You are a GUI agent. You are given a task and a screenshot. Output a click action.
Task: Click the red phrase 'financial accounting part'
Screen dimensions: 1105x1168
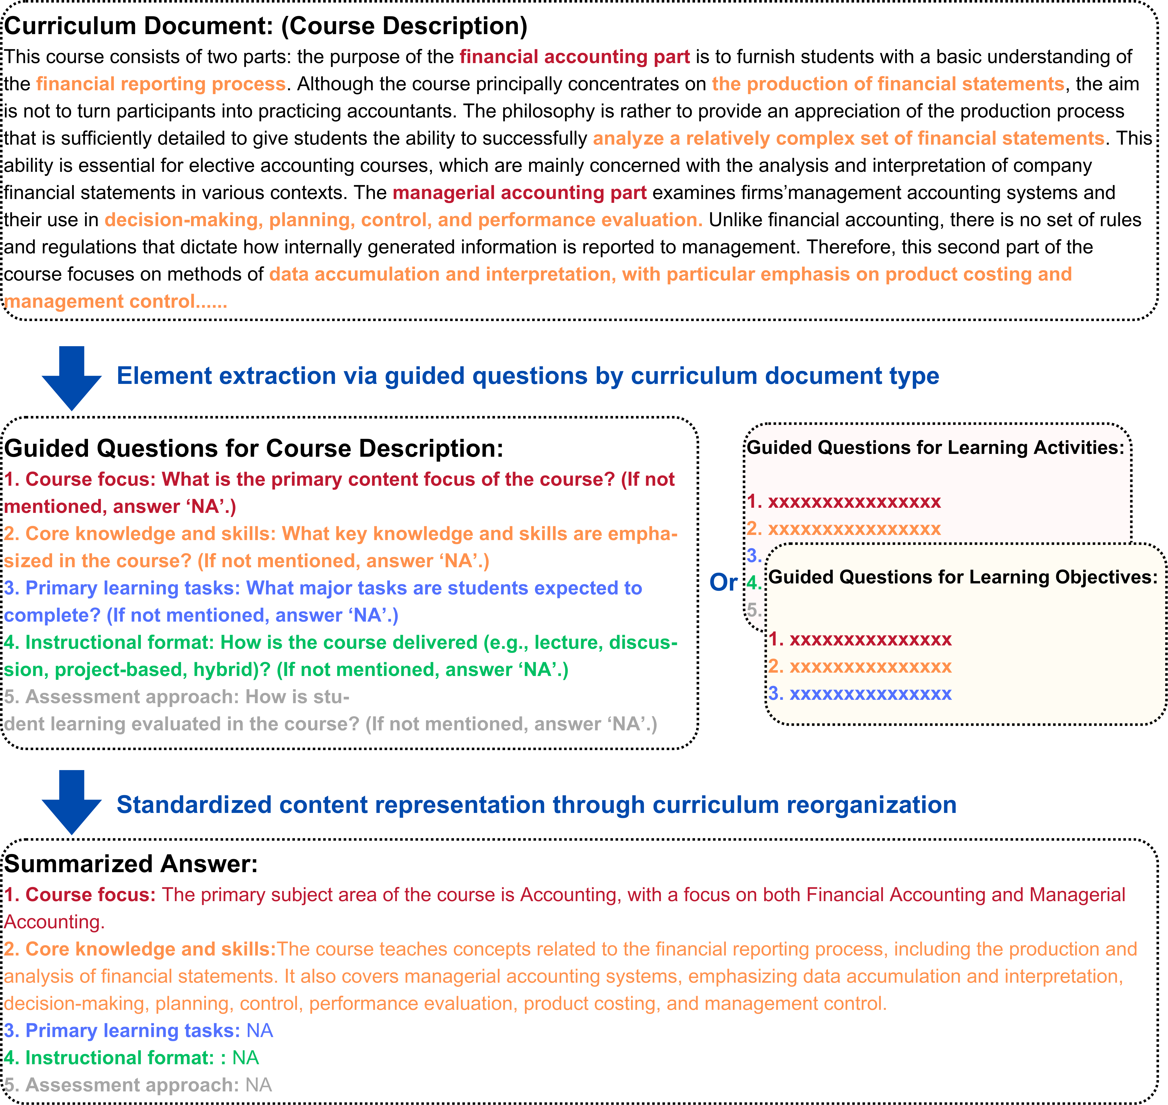point(574,57)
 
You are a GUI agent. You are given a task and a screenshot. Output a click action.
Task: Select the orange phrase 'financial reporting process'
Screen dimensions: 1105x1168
point(161,84)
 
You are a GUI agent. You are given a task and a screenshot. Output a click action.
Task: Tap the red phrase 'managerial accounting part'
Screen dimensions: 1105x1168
point(520,193)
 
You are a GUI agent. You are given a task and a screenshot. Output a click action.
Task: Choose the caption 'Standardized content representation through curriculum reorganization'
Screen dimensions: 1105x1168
point(536,805)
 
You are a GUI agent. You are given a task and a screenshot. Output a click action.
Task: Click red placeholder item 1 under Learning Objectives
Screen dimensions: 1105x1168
point(860,640)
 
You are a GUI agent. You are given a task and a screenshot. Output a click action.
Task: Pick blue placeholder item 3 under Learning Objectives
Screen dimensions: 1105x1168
point(860,694)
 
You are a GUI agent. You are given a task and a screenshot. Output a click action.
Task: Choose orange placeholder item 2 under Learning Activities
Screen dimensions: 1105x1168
point(844,529)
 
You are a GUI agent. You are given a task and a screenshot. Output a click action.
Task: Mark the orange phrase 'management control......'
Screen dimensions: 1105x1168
point(115,302)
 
